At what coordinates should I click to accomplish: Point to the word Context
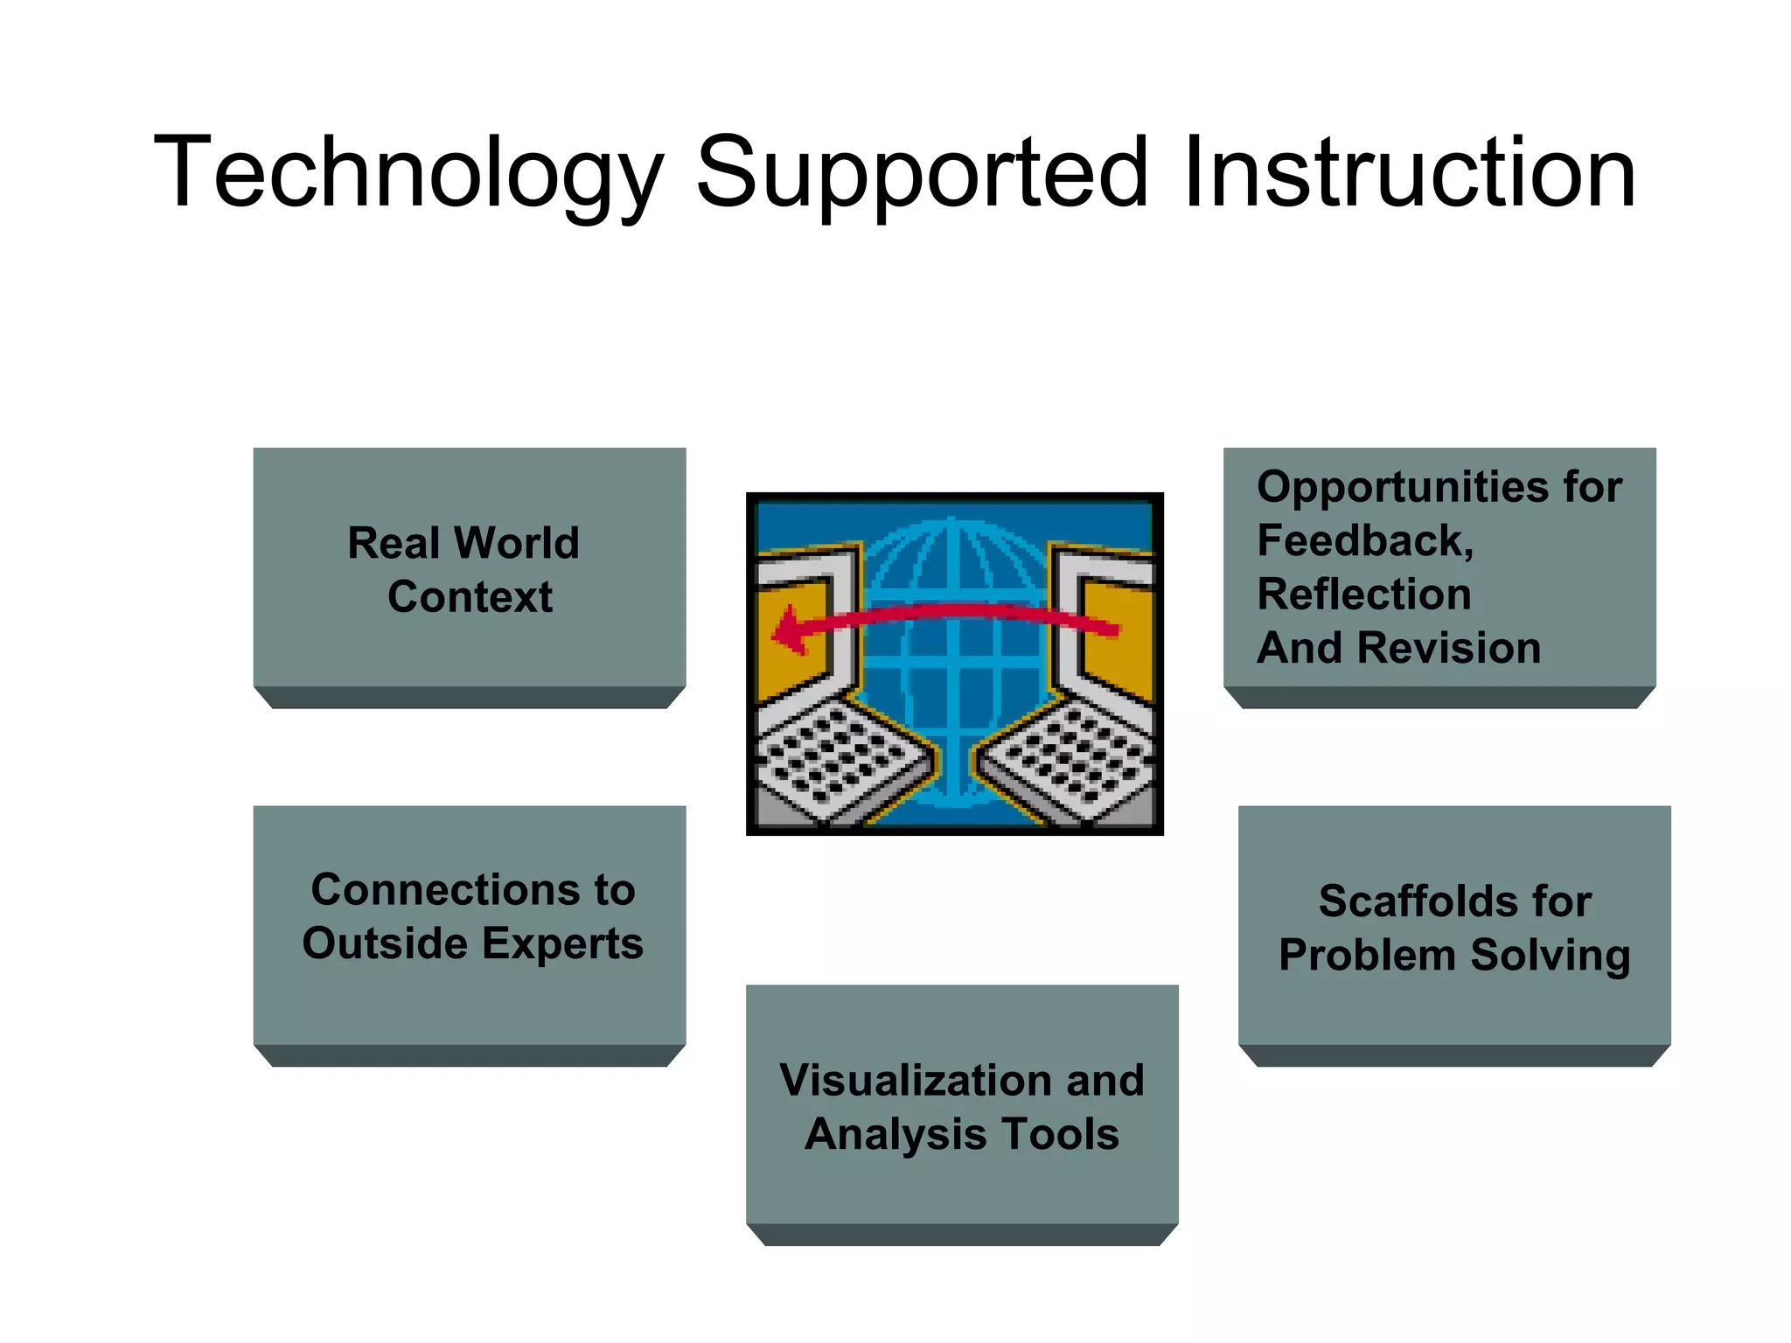pos(470,597)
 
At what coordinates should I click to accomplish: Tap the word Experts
pos(561,944)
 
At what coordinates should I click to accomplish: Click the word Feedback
pos(1364,541)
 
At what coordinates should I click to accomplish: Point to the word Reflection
pos(1364,595)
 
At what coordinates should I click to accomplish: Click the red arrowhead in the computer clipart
pos(790,630)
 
